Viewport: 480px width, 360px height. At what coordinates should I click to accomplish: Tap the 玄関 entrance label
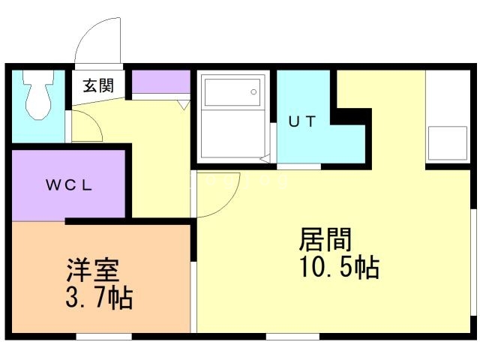tap(98, 85)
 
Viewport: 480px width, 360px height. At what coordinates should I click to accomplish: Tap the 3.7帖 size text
tap(98, 298)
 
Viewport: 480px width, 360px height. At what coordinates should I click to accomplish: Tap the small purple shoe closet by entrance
tap(161, 81)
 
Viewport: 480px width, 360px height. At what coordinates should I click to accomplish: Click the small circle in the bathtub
tap(254, 93)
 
